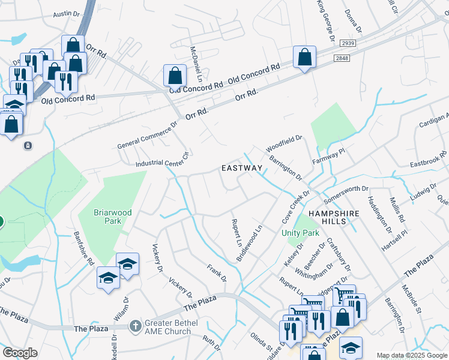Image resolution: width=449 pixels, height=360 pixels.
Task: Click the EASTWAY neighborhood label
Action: [x=242, y=168]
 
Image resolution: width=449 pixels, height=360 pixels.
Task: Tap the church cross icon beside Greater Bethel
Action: [x=136, y=326]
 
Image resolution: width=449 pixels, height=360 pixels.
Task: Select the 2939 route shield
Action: [x=348, y=44]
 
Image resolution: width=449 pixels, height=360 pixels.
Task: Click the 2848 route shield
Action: [x=342, y=58]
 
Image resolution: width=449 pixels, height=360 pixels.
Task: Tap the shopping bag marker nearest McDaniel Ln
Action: [x=175, y=76]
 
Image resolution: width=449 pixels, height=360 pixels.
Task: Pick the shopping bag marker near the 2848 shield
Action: [x=304, y=58]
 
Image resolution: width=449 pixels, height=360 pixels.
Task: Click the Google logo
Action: [x=20, y=353]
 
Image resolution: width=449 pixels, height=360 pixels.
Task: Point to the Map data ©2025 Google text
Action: [x=411, y=355]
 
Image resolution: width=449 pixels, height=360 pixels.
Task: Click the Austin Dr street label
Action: [x=66, y=13]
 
